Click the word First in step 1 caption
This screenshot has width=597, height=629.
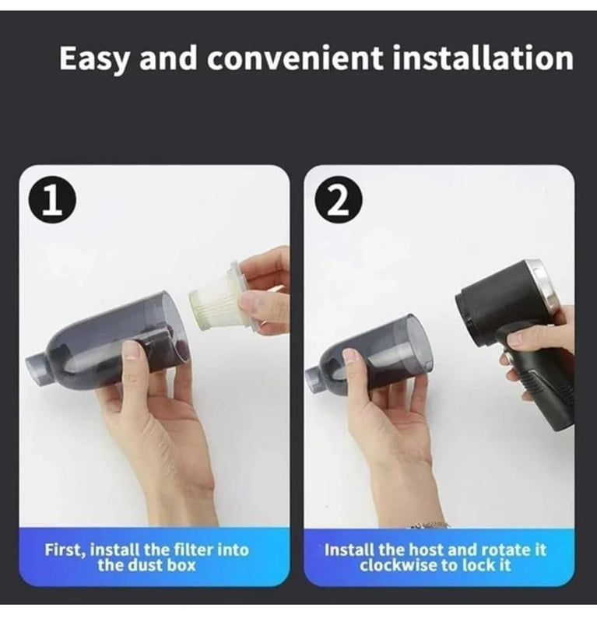(65, 550)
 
